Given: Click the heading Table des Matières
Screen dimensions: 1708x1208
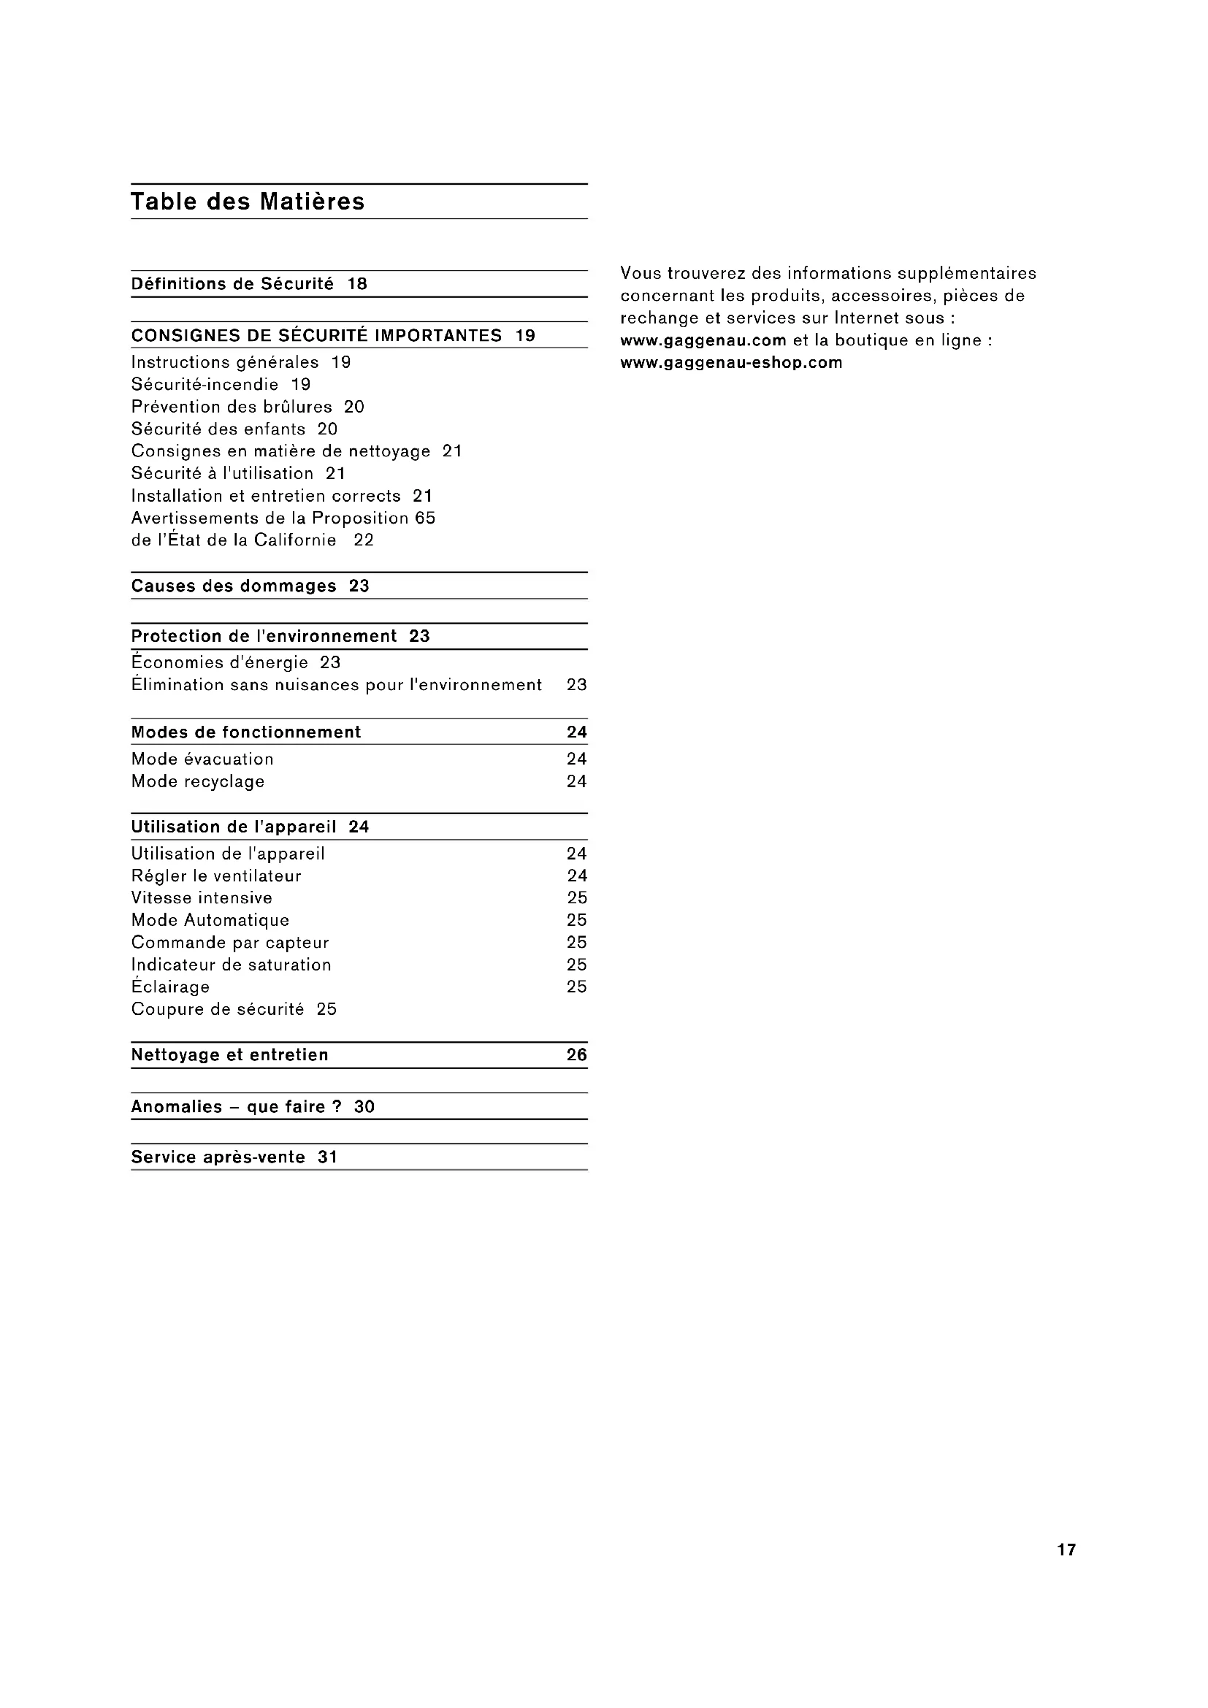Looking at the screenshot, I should click(248, 202).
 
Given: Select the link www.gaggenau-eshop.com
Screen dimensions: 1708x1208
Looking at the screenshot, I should click(731, 363).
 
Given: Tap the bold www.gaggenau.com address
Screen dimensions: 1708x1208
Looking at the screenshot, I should click(703, 341).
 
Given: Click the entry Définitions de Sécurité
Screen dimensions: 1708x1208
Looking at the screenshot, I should click(232, 284).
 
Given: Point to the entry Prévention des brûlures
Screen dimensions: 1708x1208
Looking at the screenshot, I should click(232, 407).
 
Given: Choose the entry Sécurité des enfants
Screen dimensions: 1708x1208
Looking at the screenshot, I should click(218, 429).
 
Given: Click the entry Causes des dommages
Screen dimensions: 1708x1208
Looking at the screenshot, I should click(234, 586).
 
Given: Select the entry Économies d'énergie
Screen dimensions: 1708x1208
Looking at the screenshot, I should click(219, 663).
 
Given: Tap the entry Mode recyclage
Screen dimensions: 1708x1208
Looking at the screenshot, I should click(198, 782).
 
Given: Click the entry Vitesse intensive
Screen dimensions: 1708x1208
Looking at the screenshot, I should click(202, 898).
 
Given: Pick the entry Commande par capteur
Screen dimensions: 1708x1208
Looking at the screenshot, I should click(230, 943).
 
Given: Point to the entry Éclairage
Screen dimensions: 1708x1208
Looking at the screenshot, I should click(170, 987).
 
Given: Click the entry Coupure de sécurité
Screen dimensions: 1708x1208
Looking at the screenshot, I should click(217, 1009).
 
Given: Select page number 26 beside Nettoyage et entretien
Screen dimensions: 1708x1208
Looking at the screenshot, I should click(576, 1055).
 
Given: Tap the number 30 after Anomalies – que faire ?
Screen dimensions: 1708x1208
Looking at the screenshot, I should click(364, 1107).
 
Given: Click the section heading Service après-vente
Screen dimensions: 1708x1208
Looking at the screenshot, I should click(218, 1157).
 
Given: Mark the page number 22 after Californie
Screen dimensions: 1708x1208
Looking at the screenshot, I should click(364, 541).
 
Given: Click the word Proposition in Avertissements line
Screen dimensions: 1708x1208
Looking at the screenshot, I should click(360, 518).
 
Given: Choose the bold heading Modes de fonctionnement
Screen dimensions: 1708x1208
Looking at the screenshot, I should click(245, 732).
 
